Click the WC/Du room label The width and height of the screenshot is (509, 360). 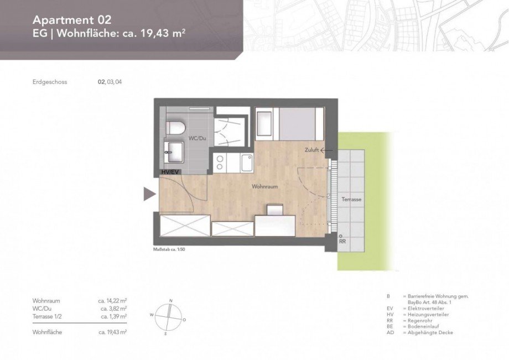(x=196, y=137)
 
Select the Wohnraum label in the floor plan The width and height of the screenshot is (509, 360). (x=264, y=187)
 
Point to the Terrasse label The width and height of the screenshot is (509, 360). (x=351, y=199)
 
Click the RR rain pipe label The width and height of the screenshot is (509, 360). (x=342, y=241)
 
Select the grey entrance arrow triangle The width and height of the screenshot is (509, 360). (x=149, y=194)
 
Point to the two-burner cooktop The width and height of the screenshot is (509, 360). (x=220, y=163)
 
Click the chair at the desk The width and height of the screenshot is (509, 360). (x=275, y=210)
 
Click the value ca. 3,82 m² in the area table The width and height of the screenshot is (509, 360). (x=113, y=308)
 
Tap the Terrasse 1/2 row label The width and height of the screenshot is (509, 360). (x=48, y=316)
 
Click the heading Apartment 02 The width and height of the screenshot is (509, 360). (x=72, y=20)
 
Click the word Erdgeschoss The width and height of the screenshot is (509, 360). (x=50, y=82)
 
